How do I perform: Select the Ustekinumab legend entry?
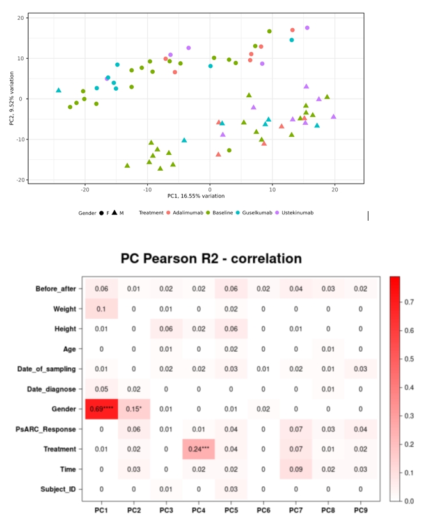pos(298,212)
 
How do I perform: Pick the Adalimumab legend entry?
pos(186,212)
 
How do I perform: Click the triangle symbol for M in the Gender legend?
pos(114,212)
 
